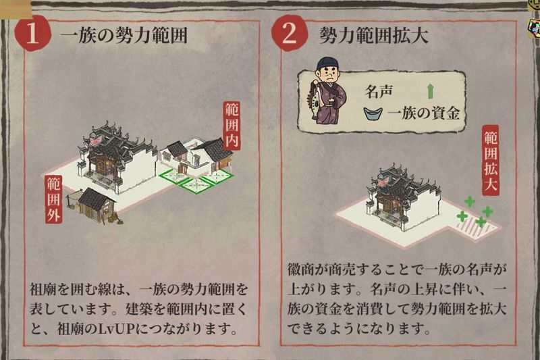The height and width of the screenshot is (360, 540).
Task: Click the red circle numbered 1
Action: [x=32, y=34]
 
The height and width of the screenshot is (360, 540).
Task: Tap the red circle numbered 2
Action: [x=290, y=34]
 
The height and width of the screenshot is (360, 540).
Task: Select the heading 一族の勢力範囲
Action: [x=124, y=36]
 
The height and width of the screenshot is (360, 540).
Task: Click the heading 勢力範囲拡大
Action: [x=374, y=35]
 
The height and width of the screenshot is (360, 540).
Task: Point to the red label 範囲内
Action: [x=232, y=125]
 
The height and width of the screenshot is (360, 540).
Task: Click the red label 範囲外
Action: [x=54, y=199]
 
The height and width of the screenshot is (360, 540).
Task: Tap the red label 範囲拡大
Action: [x=491, y=160]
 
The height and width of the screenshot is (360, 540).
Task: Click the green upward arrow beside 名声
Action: [x=430, y=92]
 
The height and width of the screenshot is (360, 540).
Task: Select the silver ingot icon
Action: [x=373, y=113]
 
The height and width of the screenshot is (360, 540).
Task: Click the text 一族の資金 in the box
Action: [x=423, y=113]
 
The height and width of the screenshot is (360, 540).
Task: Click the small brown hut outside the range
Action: [x=95, y=205]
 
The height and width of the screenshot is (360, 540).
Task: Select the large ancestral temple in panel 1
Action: [x=117, y=156]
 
